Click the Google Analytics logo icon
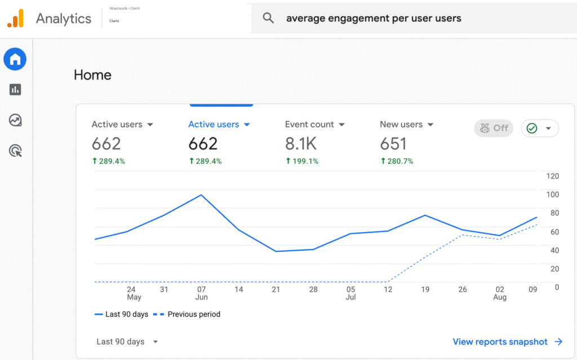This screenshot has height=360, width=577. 15,18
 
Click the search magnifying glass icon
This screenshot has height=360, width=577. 268,17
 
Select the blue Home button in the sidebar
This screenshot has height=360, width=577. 15,59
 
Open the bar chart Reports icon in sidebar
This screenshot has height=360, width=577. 15,90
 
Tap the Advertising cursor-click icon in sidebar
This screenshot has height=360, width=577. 15,151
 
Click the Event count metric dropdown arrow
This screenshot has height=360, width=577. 342,125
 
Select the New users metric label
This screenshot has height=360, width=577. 401,125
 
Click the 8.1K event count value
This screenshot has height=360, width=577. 301,144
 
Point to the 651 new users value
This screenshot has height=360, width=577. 393,144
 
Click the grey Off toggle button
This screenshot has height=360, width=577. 494,128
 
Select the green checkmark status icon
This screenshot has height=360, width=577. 532,128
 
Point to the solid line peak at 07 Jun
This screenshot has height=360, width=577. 201,195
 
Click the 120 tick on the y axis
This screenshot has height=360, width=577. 552,176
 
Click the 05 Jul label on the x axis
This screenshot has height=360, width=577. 350,293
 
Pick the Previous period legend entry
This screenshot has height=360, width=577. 187,314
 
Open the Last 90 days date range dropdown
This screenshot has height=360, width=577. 127,341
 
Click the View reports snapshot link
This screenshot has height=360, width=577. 508,341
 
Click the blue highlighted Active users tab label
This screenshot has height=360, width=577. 214,125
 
